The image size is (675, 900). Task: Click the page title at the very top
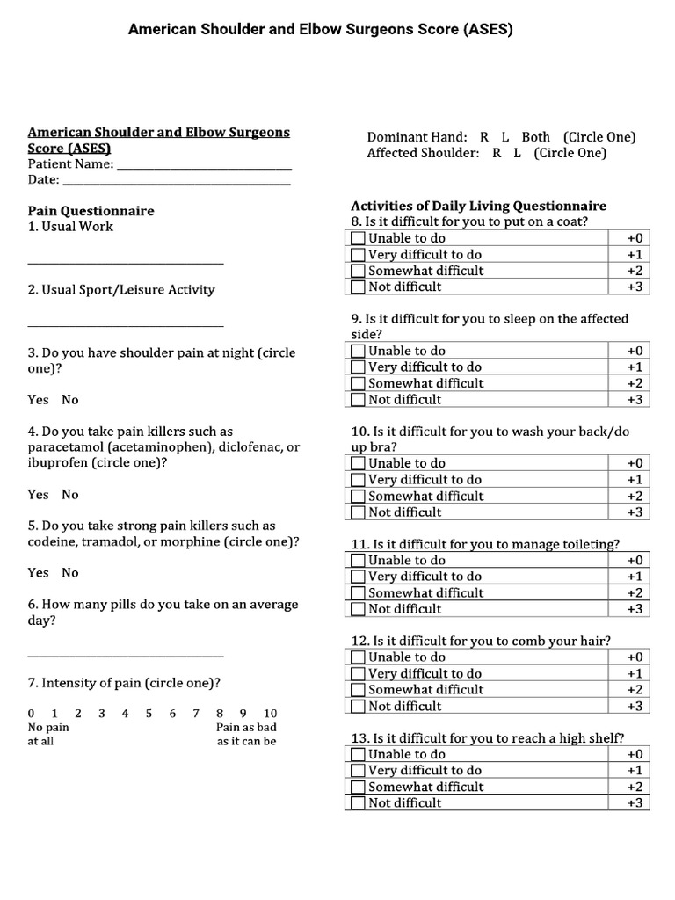click(320, 29)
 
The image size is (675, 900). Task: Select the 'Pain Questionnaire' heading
click(91, 211)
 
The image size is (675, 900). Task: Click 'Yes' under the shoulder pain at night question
click(38, 400)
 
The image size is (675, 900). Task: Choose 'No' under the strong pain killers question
click(70, 573)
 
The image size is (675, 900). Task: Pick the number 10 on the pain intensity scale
click(270, 714)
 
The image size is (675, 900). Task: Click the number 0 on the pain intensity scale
click(32, 714)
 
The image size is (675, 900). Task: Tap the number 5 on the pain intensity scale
click(149, 714)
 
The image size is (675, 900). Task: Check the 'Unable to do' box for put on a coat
click(358, 238)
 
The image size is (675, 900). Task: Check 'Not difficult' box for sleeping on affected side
click(358, 400)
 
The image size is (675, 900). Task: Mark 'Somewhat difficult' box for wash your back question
click(358, 497)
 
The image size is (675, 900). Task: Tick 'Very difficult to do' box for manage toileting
click(358, 577)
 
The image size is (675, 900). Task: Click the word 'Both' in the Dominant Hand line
click(535, 137)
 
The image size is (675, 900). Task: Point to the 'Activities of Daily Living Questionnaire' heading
click(478, 206)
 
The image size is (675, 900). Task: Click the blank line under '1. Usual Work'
click(126, 263)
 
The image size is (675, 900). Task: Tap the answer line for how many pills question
click(126, 656)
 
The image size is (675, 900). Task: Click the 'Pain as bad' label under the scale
click(246, 728)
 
